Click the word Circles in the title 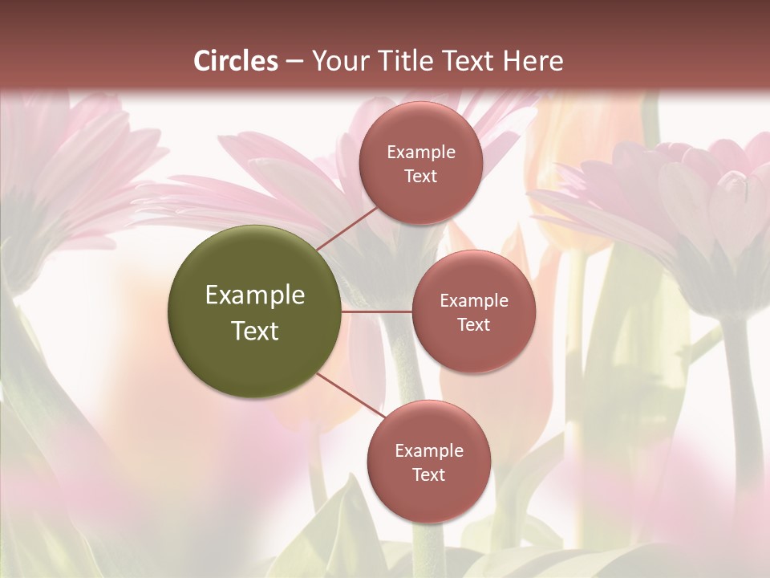(x=236, y=61)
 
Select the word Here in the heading (x=532, y=61)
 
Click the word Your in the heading (x=340, y=61)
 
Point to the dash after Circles (x=294, y=62)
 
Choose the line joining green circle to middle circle (x=377, y=311)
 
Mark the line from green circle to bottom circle (x=350, y=395)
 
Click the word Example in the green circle (x=255, y=295)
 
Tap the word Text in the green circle (x=255, y=331)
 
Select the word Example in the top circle (x=421, y=153)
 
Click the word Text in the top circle (x=421, y=177)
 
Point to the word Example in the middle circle (x=474, y=301)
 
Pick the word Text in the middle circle (x=474, y=325)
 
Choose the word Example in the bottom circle (x=429, y=451)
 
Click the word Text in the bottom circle (x=429, y=475)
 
